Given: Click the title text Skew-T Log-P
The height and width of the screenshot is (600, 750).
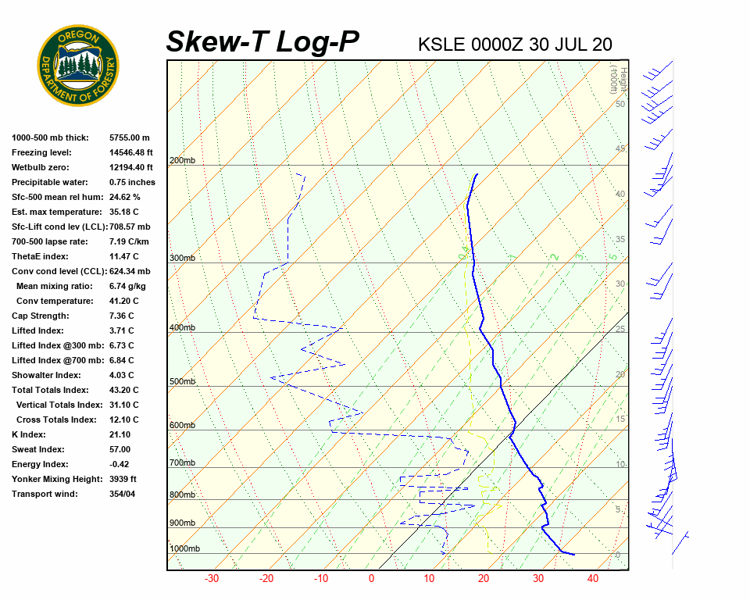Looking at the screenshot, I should tap(263, 41).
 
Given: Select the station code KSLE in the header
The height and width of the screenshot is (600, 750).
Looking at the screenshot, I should tap(442, 45).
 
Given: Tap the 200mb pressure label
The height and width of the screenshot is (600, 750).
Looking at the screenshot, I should tap(182, 161).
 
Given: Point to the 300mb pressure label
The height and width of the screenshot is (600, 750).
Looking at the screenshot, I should tap(182, 259).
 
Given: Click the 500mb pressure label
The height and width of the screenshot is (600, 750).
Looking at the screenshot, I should tap(182, 382).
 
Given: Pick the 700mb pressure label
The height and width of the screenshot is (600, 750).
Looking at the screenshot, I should tap(182, 463).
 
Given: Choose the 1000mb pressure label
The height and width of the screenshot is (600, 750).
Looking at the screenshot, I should tap(184, 549).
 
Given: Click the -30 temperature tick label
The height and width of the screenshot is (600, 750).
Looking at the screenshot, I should tap(212, 579).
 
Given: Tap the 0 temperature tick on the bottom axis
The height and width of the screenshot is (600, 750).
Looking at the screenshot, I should tap(371, 579).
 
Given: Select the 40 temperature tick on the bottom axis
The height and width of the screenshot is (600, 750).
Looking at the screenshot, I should tap(593, 579).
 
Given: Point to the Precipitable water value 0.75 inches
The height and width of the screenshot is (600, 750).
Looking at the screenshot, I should tap(132, 183).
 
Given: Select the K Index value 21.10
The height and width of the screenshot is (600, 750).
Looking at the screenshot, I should tap(120, 435).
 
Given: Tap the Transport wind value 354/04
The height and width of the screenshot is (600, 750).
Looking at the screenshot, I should tap(123, 495).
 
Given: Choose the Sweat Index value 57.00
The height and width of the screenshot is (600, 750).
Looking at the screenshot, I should tap(120, 450).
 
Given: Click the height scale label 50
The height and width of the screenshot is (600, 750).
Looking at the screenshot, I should tap(620, 104).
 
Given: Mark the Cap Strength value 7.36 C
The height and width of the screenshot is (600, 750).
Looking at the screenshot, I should tap(123, 316).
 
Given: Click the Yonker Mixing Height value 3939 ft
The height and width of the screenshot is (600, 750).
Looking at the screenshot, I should tap(123, 480).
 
